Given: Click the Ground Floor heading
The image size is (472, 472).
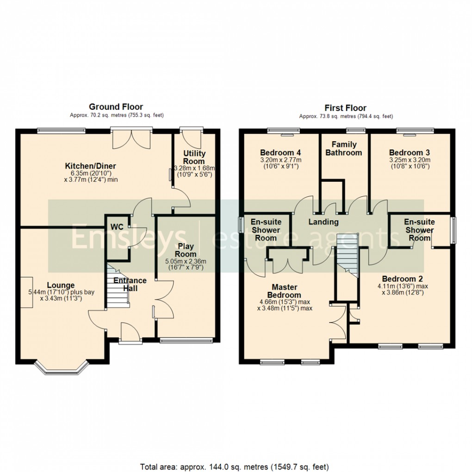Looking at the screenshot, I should [x=116, y=107].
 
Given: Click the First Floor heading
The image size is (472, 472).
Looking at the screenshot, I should [x=346, y=108].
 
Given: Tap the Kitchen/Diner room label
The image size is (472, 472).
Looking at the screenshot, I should [x=90, y=166].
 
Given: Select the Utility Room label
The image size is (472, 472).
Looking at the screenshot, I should [x=194, y=157].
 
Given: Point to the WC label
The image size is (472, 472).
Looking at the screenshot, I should [x=117, y=227].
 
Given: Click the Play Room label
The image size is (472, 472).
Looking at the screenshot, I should [x=186, y=250].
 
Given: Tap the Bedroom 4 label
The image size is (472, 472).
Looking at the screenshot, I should [x=280, y=153].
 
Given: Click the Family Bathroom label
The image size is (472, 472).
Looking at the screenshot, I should [x=343, y=148].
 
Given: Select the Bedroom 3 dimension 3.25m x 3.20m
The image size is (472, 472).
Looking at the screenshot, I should [x=410, y=160].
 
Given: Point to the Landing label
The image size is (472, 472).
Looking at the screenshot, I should [x=323, y=222].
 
